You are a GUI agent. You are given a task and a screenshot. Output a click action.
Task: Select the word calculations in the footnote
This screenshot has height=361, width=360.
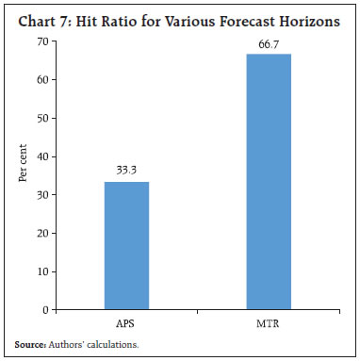click(x=109, y=345)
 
